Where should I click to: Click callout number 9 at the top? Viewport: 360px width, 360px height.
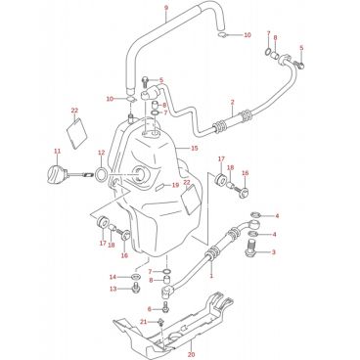point(166,7)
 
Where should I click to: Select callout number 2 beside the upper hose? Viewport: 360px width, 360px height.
point(232,103)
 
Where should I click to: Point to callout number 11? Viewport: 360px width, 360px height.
point(58,151)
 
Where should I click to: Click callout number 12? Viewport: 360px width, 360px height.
point(101,153)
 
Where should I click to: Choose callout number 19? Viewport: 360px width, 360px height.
point(176,185)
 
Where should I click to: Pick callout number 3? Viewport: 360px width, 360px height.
point(274,251)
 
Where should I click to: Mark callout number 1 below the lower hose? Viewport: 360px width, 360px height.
point(211,276)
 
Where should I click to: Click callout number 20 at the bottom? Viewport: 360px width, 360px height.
point(192,354)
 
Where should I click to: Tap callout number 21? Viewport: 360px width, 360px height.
point(144,322)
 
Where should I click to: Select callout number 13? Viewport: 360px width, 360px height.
point(113,289)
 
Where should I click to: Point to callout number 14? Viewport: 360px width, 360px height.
point(112,277)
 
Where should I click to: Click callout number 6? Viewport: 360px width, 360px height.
point(150,309)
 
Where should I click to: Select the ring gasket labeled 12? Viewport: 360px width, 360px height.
point(101,174)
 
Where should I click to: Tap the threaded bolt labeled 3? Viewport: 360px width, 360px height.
point(250,248)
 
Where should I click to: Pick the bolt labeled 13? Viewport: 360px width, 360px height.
point(135,289)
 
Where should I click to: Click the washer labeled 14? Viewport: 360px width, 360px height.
point(135,277)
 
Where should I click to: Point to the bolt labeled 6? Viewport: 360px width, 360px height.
point(166,306)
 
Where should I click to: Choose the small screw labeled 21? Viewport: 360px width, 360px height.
point(160,322)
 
